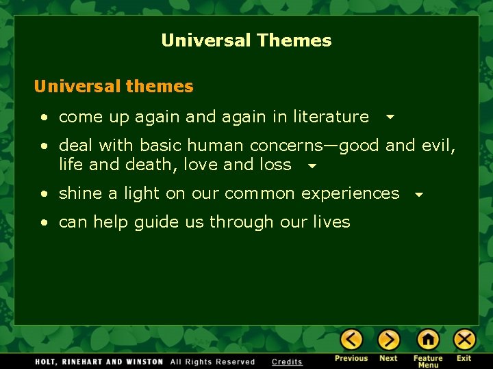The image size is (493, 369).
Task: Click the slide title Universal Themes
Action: tap(246, 40)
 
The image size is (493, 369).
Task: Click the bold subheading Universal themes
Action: tap(114, 87)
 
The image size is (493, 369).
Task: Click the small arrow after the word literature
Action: tap(390, 118)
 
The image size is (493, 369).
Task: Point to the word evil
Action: tap(438, 146)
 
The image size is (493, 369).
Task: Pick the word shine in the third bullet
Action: tap(80, 193)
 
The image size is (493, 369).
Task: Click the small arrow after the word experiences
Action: tap(419, 195)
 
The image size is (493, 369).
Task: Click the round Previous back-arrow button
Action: tap(351, 339)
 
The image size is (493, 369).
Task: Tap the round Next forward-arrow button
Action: tap(388, 339)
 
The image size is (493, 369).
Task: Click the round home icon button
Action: tap(428, 339)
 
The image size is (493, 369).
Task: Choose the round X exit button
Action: tap(464, 339)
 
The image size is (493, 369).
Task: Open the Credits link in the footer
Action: tap(287, 362)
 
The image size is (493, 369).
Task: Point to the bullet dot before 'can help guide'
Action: tap(44, 223)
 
